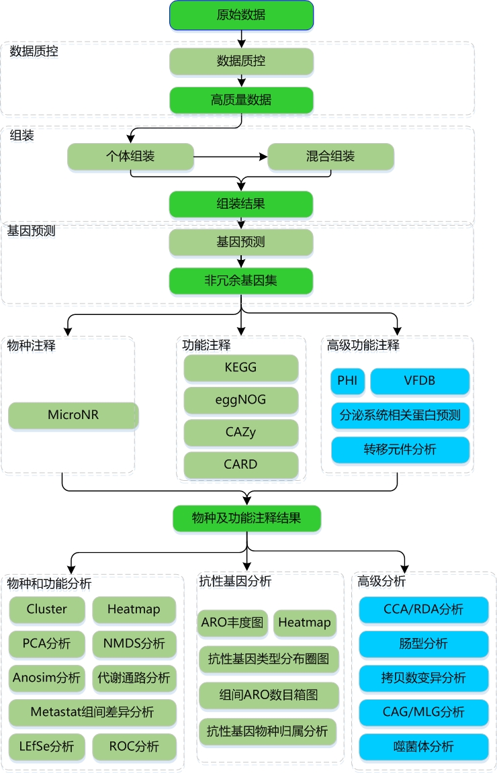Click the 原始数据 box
coord(241,15)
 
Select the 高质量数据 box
coord(241,100)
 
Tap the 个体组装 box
coord(130,157)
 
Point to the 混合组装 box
coord(330,157)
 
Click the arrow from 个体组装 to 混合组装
coord(230,157)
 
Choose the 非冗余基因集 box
coord(241,281)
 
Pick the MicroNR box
coord(73,415)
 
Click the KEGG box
coord(241,367)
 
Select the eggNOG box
coord(241,400)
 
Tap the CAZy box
coord(241,432)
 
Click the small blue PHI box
coord(347,381)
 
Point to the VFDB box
coord(420,381)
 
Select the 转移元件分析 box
coord(400,449)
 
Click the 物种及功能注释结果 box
coord(246,518)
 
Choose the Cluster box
coord(47,609)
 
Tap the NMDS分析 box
coord(134,643)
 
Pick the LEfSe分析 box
coord(47,745)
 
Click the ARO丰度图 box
coord(233,623)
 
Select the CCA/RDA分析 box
coord(423,609)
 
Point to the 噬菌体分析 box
coord(423,746)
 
